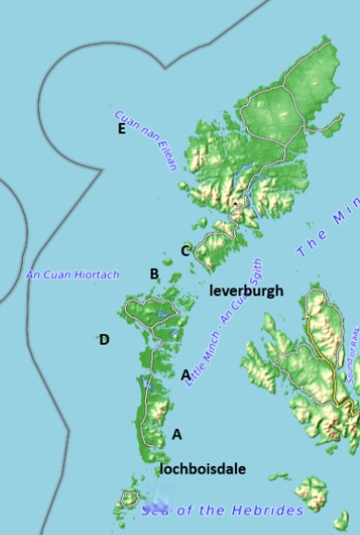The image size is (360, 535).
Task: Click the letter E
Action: pos(121,129)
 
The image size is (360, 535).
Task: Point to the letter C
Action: pos(186,251)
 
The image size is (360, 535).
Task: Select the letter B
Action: pos(153,274)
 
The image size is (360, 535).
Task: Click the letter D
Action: pos(104,340)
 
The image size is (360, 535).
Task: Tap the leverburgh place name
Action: pos(245,291)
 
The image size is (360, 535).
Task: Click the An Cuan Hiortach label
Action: pos(72,275)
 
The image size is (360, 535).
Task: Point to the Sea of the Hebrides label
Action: pos(222,510)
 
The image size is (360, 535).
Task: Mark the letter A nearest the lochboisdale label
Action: pos(176,435)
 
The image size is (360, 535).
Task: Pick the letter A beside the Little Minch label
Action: pos(186,375)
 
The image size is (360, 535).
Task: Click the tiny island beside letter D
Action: pos(96,337)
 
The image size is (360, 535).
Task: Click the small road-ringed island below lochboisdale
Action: pos(130,497)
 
